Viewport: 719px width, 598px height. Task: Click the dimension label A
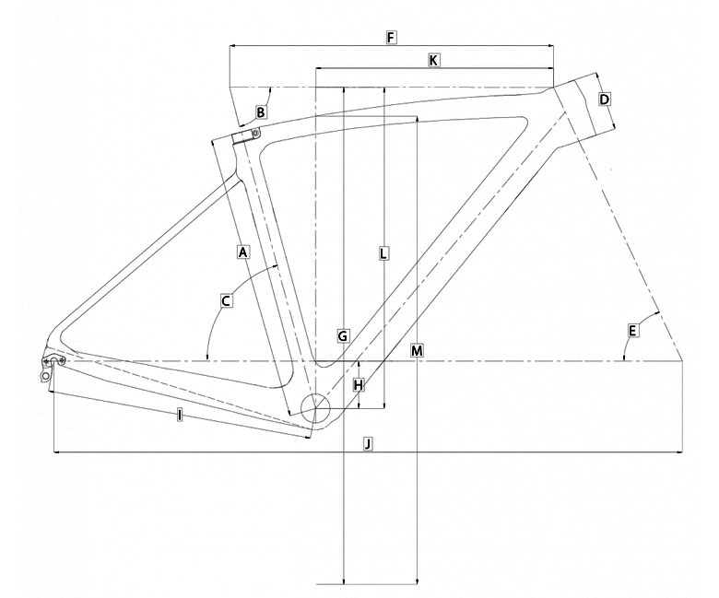coord(243,252)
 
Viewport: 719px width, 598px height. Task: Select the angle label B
coord(261,112)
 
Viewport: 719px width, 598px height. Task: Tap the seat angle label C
coord(226,301)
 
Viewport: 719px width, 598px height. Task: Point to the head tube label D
coord(605,99)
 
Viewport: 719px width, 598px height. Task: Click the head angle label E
coord(632,331)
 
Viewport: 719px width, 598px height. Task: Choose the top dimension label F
coord(390,37)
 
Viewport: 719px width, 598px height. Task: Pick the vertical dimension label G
coord(343,336)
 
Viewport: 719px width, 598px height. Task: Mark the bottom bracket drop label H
coord(359,385)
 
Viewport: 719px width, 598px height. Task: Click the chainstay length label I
coord(180,416)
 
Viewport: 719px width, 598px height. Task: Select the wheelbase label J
coord(368,443)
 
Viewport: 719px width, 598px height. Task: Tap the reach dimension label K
coord(434,60)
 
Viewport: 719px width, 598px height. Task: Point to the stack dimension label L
coord(383,253)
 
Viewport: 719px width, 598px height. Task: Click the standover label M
coord(417,350)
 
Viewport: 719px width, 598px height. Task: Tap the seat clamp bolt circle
coord(256,133)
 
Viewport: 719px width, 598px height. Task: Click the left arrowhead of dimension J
coord(57,452)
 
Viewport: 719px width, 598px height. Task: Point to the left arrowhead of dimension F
coord(232,46)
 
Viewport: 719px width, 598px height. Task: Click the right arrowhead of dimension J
coord(679,452)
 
